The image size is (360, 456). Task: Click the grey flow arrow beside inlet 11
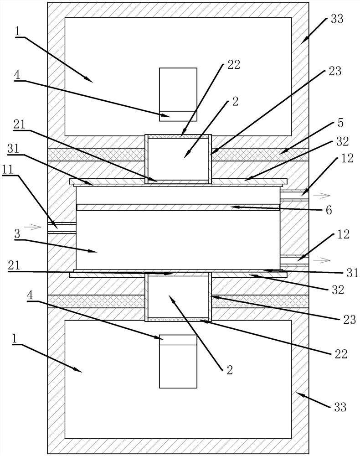[x=30, y=226]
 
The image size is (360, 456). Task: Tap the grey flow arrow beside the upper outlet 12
[x=322, y=196]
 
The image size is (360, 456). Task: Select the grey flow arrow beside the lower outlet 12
[x=322, y=260]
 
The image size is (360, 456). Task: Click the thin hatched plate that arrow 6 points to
[x=178, y=207]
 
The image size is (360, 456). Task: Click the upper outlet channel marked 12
[x=294, y=196]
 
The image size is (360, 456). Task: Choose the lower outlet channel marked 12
[x=294, y=260]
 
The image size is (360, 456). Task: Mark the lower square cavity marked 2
[x=178, y=295]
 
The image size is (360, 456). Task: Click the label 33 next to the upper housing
[x=338, y=19]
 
